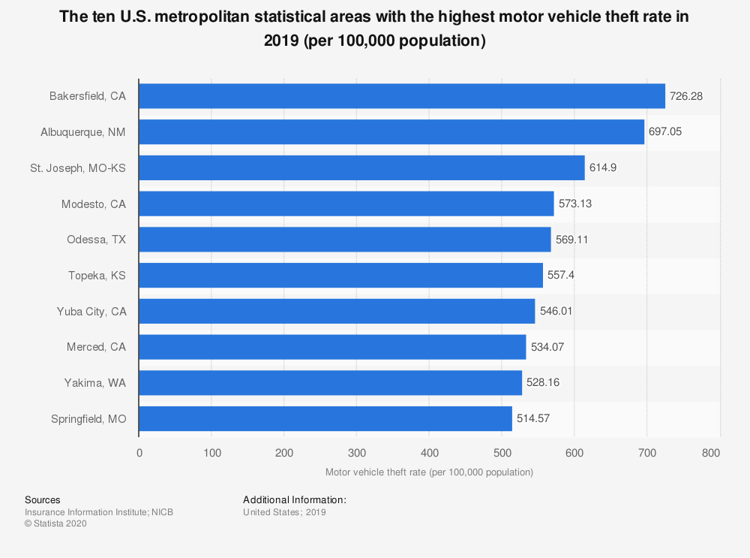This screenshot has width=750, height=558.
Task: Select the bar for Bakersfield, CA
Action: pyautogui.click(x=402, y=96)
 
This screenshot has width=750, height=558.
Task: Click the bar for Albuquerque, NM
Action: pyautogui.click(x=391, y=132)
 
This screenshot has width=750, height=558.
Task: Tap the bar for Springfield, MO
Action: pyautogui.click(x=325, y=418)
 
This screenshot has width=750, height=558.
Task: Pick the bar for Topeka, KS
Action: pyautogui.click(x=341, y=276)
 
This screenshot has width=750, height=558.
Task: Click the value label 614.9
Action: pyautogui.click(x=603, y=168)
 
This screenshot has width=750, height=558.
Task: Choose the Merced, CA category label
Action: pyautogui.click(x=96, y=347)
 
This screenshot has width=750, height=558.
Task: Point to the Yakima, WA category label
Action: pyautogui.click(x=95, y=382)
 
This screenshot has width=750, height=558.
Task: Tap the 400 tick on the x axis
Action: pyautogui.click(x=429, y=453)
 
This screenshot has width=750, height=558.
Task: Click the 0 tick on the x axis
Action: pyautogui.click(x=139, y=453)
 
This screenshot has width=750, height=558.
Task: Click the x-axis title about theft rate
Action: pyautogui.click(x=429, y=472)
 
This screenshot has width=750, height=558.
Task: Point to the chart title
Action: pyautogui.click(x=375, y=29)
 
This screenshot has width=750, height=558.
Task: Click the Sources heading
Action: pyautogui.click(x=43, y=499)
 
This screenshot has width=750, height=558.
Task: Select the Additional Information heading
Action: pyautogui.click(x=295, y=499)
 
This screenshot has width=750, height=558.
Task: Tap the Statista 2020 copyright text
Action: pyautogui.click(x=55, y=524)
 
